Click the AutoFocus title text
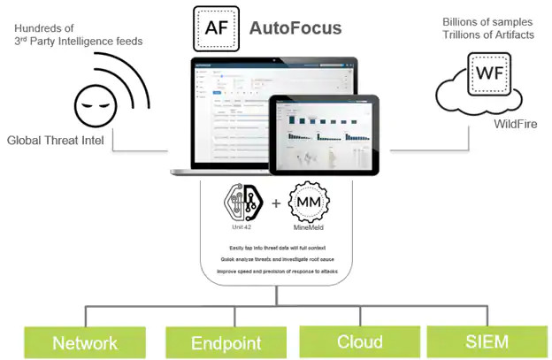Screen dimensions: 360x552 pyautogui.click(x=296, y=28)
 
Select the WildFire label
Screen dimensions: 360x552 pyautogui.click(x=515, y=124)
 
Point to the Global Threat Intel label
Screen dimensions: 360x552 pyautogui.click(x=55, y=140)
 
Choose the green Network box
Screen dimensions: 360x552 pyautogui.click(x=85, y=342)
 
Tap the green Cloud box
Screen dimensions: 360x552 pyautogui.click(x=359, y=342)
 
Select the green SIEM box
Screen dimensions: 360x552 pyautogui.click(x=488, y=342)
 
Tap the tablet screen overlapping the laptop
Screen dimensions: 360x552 pyautogui.click(x=324, y=134)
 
